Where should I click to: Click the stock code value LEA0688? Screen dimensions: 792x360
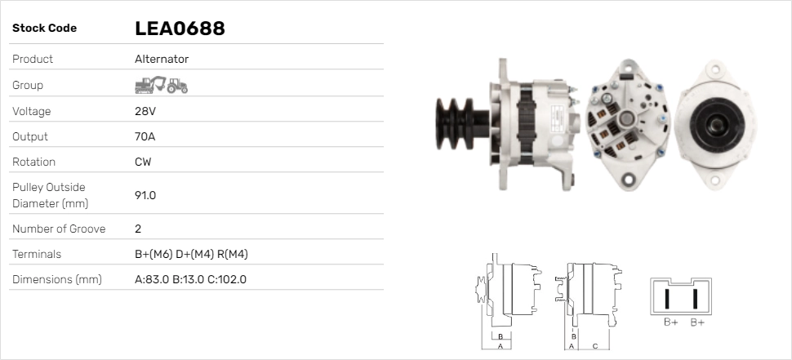click(180, 29)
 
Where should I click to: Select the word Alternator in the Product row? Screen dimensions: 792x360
click(162, 59)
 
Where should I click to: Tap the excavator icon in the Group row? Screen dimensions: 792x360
click(150, 85)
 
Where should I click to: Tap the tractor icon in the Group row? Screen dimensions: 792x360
click(177, 86)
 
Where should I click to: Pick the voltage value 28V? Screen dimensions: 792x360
click(145, 111)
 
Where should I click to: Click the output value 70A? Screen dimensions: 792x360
click(145, 136)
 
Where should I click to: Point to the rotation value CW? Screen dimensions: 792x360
click(143, 162)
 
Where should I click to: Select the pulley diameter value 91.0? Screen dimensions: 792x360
click(145, 195)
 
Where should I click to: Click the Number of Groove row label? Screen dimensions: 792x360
click(59, 229)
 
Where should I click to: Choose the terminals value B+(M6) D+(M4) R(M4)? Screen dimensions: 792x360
click(191, 255)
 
